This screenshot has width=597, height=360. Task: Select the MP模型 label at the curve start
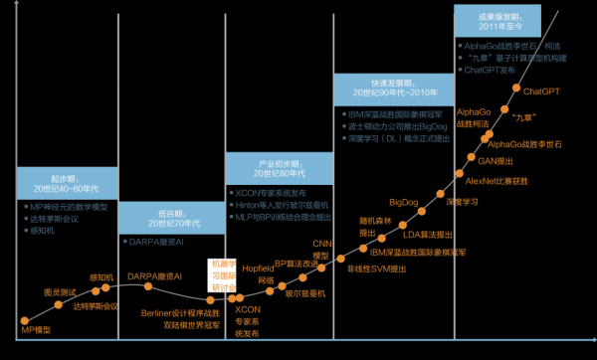click(x=35, y=327)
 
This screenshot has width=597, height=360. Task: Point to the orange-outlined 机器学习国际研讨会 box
click(x=221, y=275)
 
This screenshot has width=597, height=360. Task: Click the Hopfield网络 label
click(x=259, y=275)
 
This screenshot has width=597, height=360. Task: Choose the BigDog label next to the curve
click(x=403, y=203)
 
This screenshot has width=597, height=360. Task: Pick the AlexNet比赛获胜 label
click(x=491, y=182)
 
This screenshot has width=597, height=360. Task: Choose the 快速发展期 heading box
click(x=384, y=88)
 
